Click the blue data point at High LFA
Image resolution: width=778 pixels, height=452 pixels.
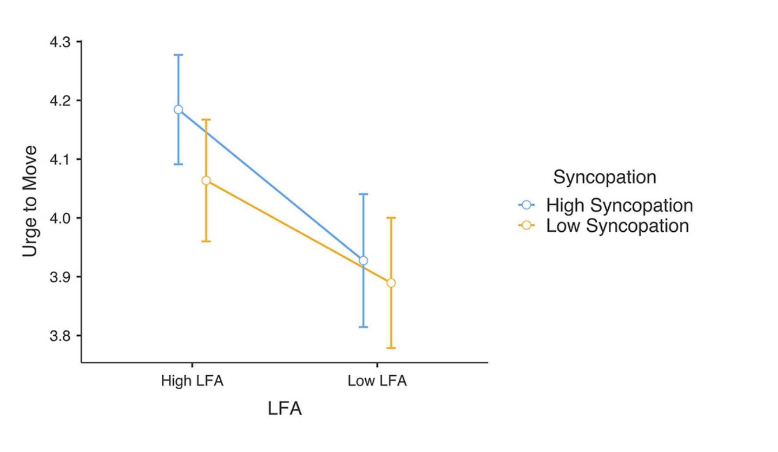pos(178,110)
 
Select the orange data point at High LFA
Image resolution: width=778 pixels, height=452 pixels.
pos(206,180)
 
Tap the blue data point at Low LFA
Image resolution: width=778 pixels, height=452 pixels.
pos(364,261)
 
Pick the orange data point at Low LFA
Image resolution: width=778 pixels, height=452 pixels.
pos(391,283)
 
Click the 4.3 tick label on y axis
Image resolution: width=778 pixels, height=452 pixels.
pos(60,42)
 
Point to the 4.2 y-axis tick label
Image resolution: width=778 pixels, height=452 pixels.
pos(60,101)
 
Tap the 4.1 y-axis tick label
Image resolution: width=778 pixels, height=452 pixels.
pos(60,159)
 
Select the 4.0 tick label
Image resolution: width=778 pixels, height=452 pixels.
pos(60,218)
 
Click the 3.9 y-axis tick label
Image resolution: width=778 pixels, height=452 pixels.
pos(60,277)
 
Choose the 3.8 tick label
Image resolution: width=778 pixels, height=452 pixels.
pos(60,336)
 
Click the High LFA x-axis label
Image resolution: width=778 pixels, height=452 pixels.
pos(192,380)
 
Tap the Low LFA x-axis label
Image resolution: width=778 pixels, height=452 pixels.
pos(377,380)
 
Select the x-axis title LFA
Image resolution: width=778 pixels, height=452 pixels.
pos(285,409)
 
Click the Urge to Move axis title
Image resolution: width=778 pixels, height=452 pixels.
pos(30,201)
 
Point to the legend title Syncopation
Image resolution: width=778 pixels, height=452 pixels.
pos(604,177)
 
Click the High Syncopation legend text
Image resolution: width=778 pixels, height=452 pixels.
pos(619,205)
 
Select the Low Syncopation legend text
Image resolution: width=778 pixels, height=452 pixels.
pos(617,226)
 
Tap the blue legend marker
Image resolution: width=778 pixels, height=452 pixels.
pos(526,205)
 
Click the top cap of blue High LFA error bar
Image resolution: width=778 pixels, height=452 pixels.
pos(178,55)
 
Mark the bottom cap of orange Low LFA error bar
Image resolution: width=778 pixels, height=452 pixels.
pos(391,348)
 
